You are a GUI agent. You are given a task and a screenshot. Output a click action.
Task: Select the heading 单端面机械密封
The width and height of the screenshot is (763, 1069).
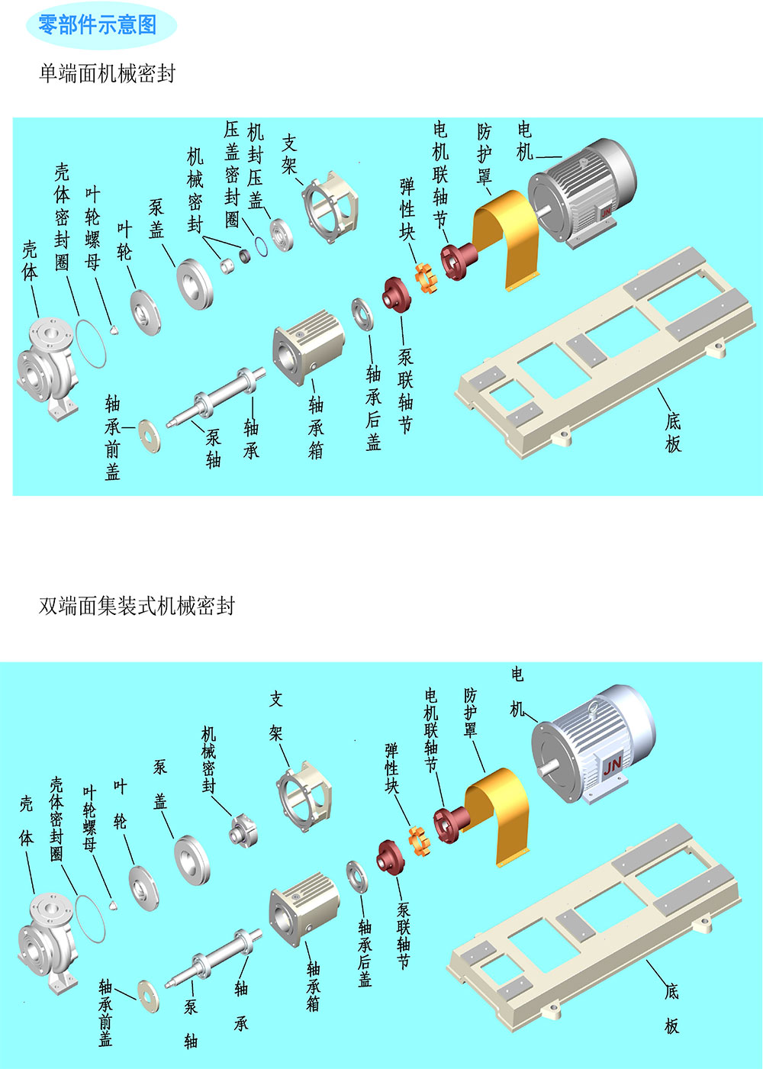pyautogui.click(x=107, y=73)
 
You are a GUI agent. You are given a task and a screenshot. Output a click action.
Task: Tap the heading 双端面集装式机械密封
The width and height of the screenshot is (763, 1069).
pyautogui.click(x=137, y=606)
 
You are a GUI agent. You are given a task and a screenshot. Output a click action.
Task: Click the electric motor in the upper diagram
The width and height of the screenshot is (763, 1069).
pyautogui.click(x=584, y=191)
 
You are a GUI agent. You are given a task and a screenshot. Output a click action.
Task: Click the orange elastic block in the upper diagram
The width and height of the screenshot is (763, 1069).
pyautogui.click(x=426, y=275)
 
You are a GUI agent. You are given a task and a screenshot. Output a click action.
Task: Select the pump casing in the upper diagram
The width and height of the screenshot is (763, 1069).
pyautogui.click(x=47, y=366)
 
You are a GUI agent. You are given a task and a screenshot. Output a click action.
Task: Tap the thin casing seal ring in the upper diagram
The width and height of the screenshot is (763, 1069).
pyautogui.click(x=92, y=343)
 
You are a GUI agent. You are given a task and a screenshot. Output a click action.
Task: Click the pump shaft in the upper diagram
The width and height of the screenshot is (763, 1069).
pyautogui.click(x=217, y=397)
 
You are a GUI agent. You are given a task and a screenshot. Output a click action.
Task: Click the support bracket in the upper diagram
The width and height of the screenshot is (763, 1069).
pyautogui.click(x=330, y=206)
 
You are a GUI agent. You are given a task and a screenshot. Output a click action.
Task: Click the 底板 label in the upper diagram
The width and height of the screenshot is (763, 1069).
pyautogui.click(x=672, y=433)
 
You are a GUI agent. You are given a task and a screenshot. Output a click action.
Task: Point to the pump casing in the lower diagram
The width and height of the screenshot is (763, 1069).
pyautogui.click(x=47, y=935)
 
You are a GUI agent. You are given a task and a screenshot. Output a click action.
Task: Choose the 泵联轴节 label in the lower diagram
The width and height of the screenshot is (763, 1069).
pyautogui.click(x=404, y=935)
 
